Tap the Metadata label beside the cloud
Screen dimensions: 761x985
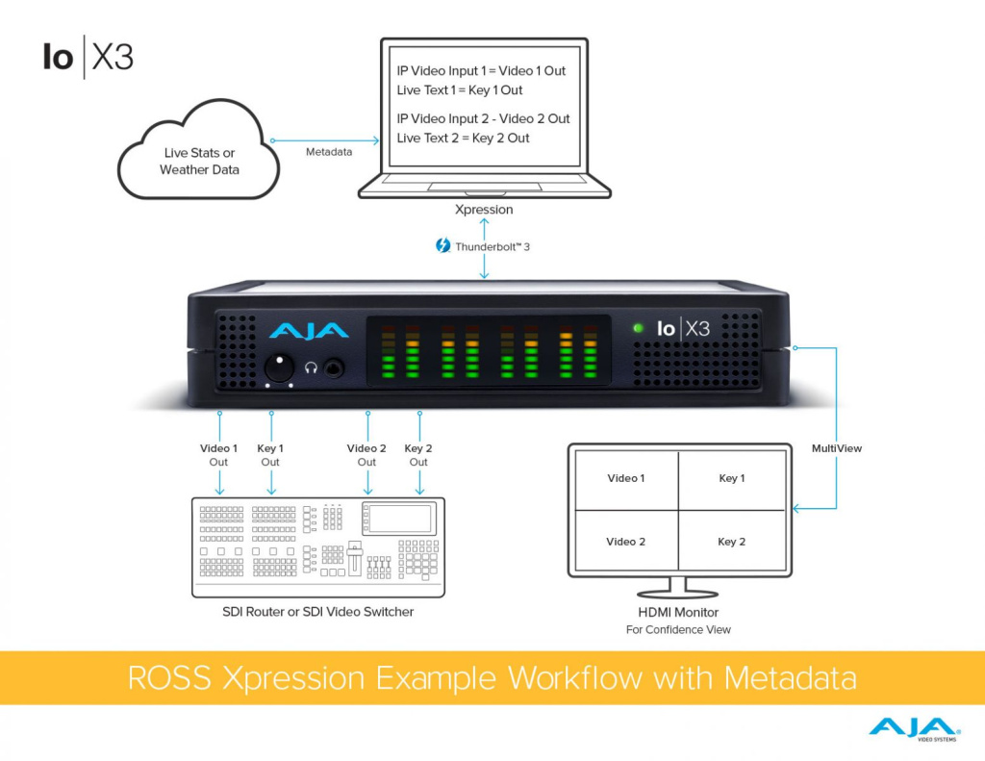click(329, 152)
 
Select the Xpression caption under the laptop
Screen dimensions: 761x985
click(483, 209)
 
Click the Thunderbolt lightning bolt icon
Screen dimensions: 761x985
click(442, 246)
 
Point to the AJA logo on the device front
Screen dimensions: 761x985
click(309, 330)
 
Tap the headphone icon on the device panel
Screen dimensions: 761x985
click(311, 367)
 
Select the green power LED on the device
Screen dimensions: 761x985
click(637, 328)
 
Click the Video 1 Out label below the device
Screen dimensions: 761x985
click(219, 455)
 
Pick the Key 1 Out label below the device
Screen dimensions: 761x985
click(270, 455)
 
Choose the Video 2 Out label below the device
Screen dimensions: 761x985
click(366, 455)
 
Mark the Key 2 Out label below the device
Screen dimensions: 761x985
click(418, 455)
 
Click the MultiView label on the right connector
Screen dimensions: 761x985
click(837, 448)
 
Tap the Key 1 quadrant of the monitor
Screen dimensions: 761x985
click(732, 478)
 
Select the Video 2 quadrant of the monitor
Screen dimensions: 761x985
click(625, 542)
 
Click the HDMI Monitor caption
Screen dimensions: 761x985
click(678, 612)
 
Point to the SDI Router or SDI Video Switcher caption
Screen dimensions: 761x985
click(318, 612)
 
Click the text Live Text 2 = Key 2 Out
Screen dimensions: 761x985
click(464, 139)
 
